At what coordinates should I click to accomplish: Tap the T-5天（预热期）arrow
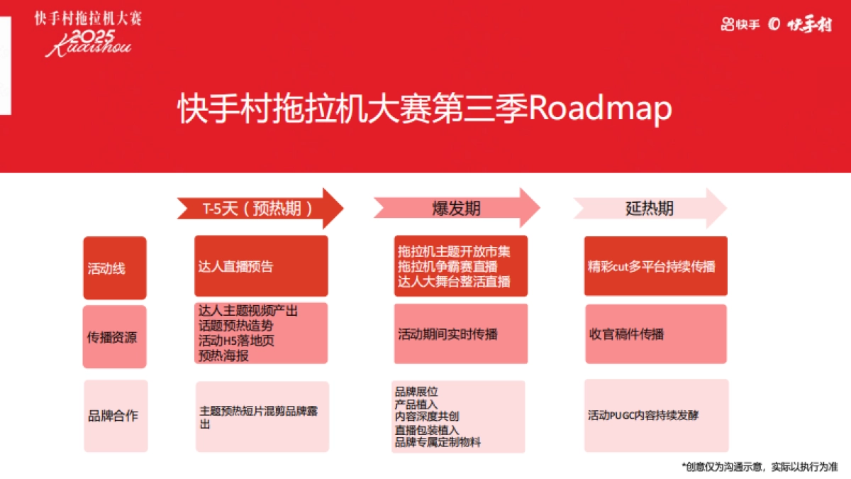click(x=259, y=209)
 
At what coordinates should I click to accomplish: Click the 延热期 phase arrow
click(x=650, y=208)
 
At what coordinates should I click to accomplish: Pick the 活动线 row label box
click(x=114, y=268)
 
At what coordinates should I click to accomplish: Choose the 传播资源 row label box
click(x=114, y=337)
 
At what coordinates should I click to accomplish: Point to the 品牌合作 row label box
click(x=115, y=416)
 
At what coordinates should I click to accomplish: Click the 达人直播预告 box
click(x=261, y=267)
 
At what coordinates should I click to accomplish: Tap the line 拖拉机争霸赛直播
click(x=447, y=266)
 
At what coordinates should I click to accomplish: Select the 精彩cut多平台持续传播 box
click(x=655, y=267)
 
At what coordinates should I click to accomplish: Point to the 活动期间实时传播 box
click(x=461, y=334)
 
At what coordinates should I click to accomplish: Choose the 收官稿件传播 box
click(x=655, y=334)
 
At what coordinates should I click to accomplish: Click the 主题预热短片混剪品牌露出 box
click(x=262, y=417)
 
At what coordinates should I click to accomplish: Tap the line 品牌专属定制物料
click(x=438, y=443)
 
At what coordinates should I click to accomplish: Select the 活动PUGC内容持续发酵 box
click(x=656, y=416)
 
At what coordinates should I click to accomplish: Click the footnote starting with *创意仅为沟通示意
click(x=760, y=466)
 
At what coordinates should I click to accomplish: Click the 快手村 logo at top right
click(x=808, y=25)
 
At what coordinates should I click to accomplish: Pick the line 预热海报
click(x=224, y=356)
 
